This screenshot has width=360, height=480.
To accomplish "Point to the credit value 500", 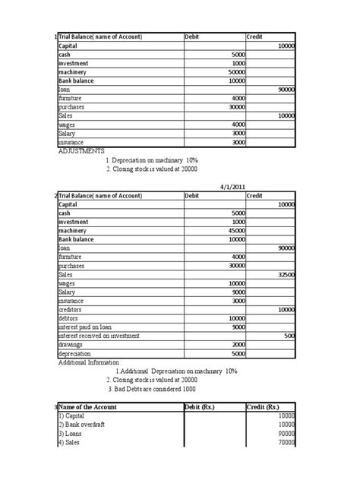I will pyautogui.click(x=289, y=336).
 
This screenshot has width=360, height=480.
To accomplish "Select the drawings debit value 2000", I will pyautogui.click(x=234, y=345).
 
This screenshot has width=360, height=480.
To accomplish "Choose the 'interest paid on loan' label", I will pyautogui.click(x=90, y=327).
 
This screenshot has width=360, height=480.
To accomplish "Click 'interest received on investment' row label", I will pyautogui.click(x=103, y=336).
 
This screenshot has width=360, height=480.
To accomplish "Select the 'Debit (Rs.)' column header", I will pyautogui.click(x=204, y=408).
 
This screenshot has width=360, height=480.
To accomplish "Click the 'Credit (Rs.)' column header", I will pyautogui.click(x=265, y=408).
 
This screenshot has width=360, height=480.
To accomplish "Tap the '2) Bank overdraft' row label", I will pyautogui.click(x=86, y=425).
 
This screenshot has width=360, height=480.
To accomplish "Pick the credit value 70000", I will pyautogui.click(x=286, y=442).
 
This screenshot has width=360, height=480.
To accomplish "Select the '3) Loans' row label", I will pyautogui.click(x=74, y=434).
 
